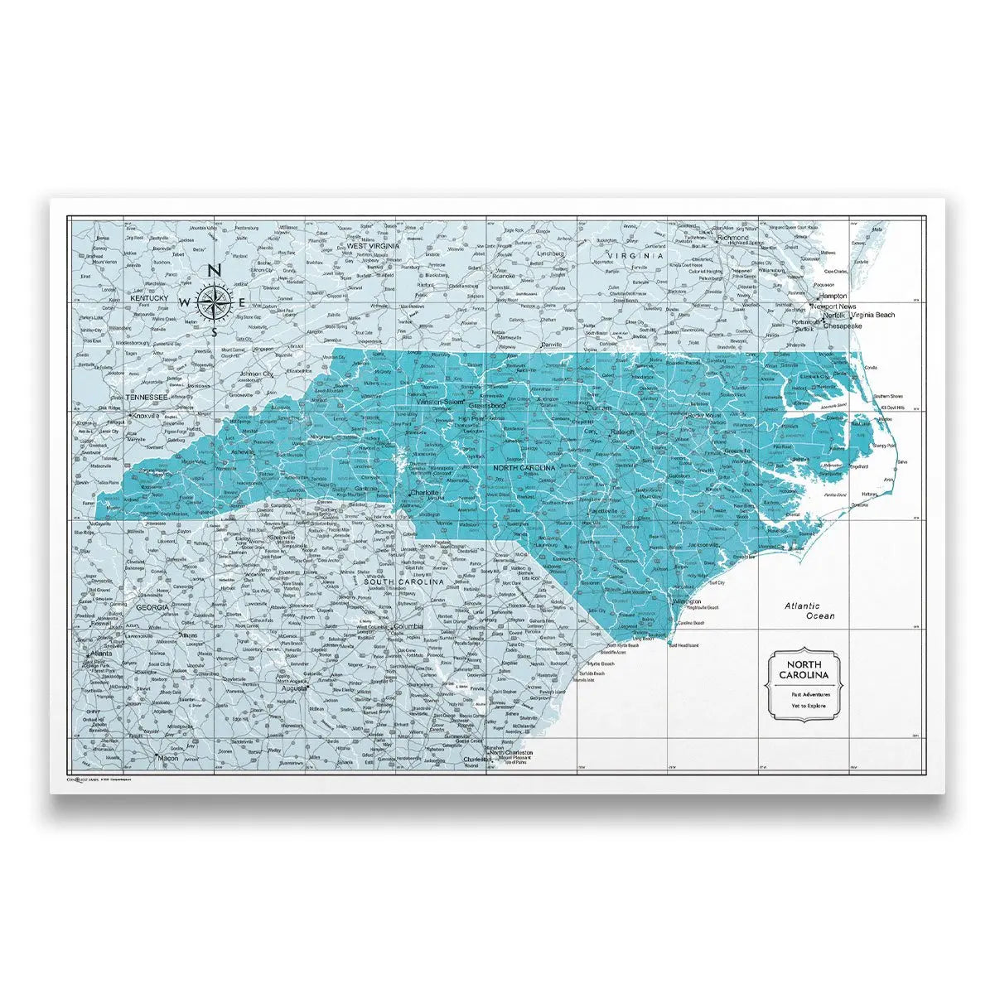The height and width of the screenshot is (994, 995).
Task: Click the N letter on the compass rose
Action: pos(213,270)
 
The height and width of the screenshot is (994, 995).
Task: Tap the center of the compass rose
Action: pos(213,302)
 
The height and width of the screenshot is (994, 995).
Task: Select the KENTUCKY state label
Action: pos(149,297)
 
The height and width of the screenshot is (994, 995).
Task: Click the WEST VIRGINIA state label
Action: pos(373,246)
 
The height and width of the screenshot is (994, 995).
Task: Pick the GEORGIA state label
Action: pos(152,607)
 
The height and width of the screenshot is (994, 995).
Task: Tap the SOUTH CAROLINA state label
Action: pos(405,583)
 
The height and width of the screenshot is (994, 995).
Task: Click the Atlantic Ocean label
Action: pos(810,611)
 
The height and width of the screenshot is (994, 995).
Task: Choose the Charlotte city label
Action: pos(423,491)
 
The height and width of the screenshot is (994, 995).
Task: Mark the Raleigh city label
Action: pos(621,432)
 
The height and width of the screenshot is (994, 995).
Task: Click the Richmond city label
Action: pos(732,238)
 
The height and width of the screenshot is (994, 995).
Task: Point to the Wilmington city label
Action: pos(687,601)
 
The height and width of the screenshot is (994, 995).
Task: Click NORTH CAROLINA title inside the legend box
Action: pos(804,670)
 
